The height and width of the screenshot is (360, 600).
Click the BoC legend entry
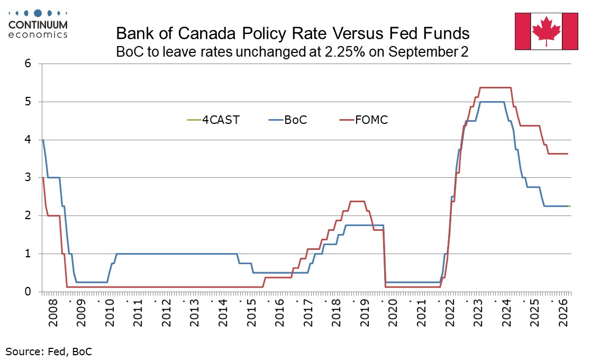coord(288,120)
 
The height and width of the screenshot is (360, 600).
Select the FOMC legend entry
coord(363,120)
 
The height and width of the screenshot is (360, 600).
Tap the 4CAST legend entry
coord(213,120)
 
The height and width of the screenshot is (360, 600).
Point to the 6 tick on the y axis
coord(28,63)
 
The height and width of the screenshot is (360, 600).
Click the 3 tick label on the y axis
coord(28,177)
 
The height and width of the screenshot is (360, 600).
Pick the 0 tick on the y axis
coord(28,292)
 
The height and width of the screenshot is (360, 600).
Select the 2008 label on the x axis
coord(53,313)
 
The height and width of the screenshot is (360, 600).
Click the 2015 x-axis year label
coord(251,313)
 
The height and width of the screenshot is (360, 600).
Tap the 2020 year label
coord(393,313)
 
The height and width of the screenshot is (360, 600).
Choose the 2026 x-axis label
coord(563,313)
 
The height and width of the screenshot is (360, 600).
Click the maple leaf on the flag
coord(546,31)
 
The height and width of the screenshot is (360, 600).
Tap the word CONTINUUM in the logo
coord(38,25)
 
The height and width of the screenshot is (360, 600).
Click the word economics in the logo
coord(38,35)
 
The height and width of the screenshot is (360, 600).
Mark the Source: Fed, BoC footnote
coord(49,352)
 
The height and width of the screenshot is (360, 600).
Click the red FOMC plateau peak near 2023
coord(496,88)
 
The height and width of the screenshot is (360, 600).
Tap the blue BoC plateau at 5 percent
coord(492,102)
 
